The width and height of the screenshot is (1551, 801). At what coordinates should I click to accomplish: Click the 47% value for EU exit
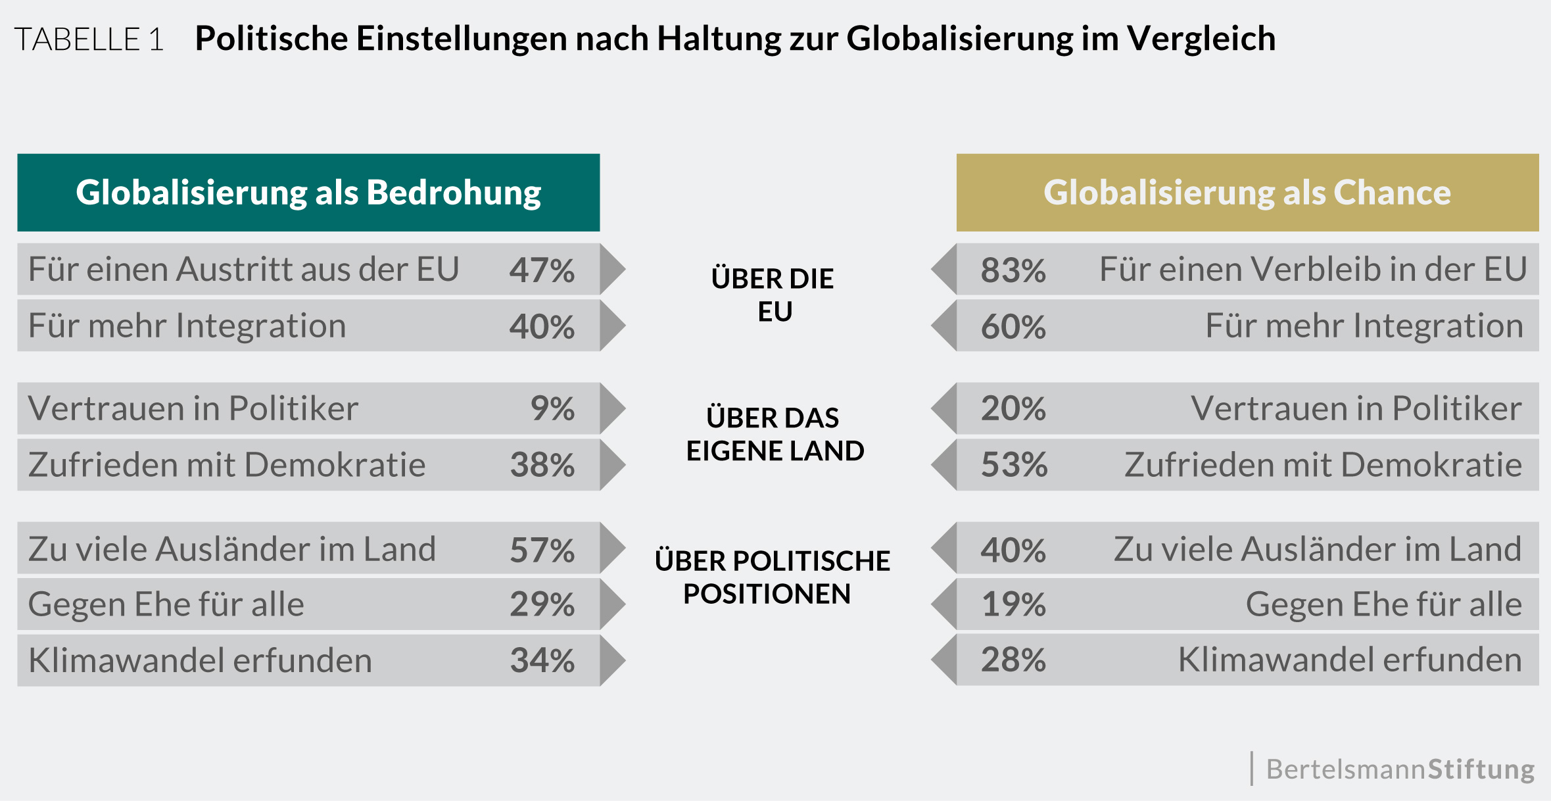(x=542, y=270)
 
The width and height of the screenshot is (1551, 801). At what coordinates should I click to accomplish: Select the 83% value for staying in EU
(x=1013, y=270)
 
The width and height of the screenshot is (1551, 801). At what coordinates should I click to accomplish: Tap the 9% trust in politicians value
(x=552, y=408)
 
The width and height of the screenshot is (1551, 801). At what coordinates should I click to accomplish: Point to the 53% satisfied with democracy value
(x=1014, y=465)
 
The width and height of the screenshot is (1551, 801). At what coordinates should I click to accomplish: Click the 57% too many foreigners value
(x=542, y=550)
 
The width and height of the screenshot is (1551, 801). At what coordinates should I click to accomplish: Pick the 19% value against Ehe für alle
(x=1013, y=604)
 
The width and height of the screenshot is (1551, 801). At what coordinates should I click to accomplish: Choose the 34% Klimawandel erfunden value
(x=542, y=660)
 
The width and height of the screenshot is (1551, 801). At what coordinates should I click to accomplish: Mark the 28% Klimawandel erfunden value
(x=1013, y=660)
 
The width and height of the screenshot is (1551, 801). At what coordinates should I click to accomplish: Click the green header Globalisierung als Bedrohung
(x=308, y=193)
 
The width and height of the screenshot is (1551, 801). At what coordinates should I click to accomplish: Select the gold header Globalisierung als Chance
(x=1247, y=193)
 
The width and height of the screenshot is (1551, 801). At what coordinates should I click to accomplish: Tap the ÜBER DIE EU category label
(x=773, y=295)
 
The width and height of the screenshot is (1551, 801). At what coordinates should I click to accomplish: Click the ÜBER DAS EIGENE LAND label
(x=775, y=434)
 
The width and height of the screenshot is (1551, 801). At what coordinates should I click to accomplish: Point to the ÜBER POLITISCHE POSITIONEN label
(x=772, y=577)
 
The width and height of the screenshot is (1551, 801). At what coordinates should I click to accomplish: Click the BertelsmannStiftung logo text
(x=1400, y=769)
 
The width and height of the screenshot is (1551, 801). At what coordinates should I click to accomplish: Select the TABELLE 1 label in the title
(x=89, y=39)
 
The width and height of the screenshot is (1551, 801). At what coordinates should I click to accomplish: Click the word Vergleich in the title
(x=1201, y=38)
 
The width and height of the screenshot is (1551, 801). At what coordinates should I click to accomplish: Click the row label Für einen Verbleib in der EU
(x=1312, y=269)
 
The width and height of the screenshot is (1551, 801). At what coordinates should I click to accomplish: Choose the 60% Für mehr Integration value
(x=1013, y=326)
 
